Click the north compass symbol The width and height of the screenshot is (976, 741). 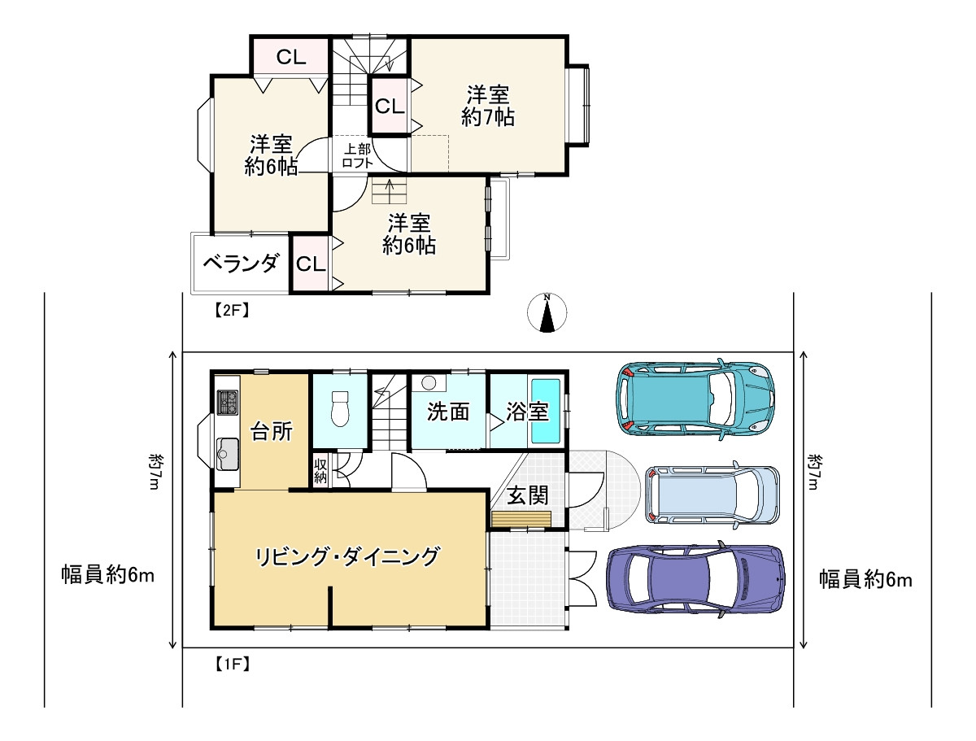tap(547, 314)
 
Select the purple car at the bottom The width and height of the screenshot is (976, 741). tap(696, 578)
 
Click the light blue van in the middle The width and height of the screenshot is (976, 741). tap(712, 495)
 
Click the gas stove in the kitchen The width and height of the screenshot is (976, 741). tap(228, 401)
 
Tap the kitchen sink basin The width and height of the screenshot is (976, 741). tap(227, 452)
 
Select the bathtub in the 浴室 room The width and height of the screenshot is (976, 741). tap(545, 410)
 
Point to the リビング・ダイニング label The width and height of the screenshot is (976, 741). tap(347, 557)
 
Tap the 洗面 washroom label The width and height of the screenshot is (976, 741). tap(448, 412)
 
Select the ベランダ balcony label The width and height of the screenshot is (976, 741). tap(240, 264)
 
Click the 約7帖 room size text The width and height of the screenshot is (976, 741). tap(487, 117)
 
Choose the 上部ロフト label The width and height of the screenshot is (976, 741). tap(357, 155)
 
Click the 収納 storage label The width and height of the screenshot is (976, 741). tap(320, 471)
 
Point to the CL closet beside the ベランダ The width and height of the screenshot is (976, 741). tap(311, 264)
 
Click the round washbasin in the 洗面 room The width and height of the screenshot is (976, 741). tap(429, 381)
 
